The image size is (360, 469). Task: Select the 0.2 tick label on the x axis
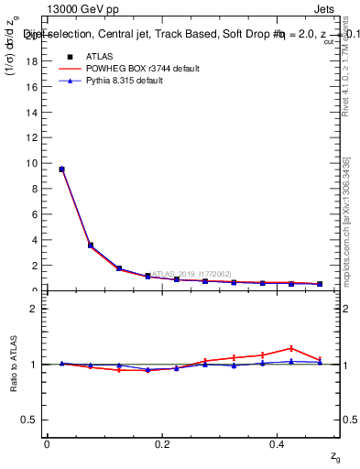pos(162,444)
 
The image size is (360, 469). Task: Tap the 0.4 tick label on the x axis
pos(278,444)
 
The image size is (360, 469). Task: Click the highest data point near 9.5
pos(61,169)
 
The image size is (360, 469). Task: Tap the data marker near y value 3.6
pos(90,245)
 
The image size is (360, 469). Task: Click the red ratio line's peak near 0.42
pos(291,348)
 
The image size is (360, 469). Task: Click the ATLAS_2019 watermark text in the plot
pos(191,274)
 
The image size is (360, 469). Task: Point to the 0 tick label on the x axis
pos(47,444)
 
